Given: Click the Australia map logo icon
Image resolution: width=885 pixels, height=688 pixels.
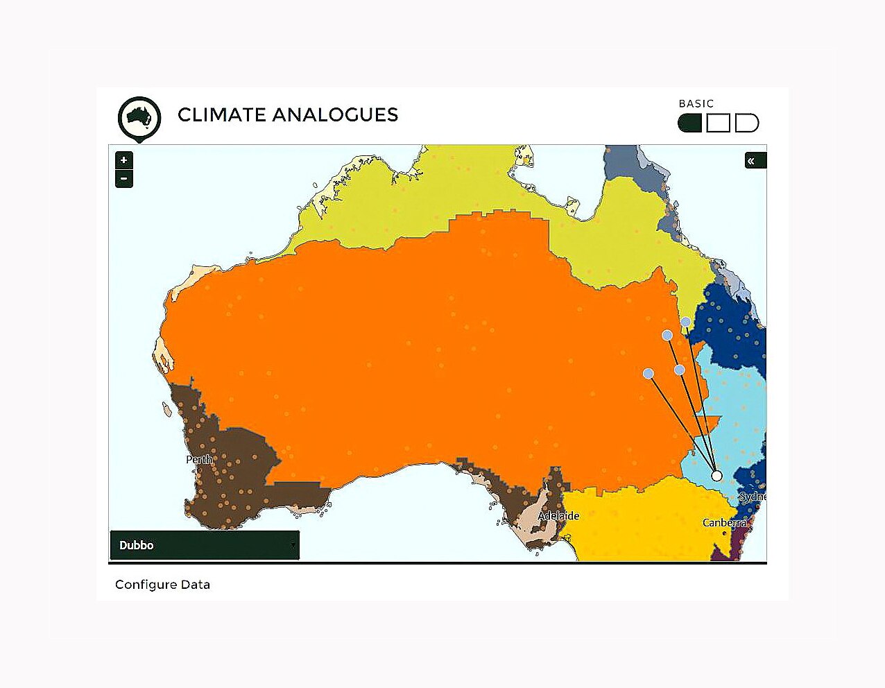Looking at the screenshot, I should [x=139, y=118].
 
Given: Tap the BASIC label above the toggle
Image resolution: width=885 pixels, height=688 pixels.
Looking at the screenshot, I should [x=696, y=104].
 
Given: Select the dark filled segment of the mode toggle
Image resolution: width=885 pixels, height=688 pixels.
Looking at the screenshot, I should [x=690, y=123].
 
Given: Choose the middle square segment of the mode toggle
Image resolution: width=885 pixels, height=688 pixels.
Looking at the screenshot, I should [x=718, y=123].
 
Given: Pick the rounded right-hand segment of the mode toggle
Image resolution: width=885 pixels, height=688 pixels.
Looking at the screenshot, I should [x=746, y=123].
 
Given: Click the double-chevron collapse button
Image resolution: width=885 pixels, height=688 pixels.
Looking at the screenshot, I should [x=752, y=161].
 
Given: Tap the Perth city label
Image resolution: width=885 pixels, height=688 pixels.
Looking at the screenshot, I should [x=199, y=460].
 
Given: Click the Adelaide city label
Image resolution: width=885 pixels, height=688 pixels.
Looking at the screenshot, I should [x=558, y=516].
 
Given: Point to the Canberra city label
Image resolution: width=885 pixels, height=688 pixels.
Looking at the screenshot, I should [x=724, y=523].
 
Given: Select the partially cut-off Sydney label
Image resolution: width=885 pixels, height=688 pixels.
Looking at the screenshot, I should [x=753, y=497].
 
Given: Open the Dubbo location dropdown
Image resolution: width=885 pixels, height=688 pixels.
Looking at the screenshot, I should [x=205, y=545].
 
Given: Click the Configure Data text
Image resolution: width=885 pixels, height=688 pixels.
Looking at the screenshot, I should [x=162, y=585].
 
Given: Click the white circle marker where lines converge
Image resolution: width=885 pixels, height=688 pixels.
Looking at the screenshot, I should [x=716, y=476].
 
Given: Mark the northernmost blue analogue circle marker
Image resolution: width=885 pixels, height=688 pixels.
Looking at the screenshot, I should [x=685, y=322].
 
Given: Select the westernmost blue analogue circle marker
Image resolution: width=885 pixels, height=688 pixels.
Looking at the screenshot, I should [x=648, y=374].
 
